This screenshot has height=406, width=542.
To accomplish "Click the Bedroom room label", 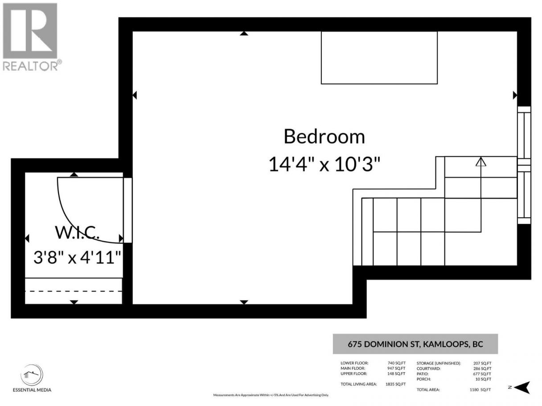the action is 324,137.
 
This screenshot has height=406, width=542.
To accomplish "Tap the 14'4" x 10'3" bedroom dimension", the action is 324,164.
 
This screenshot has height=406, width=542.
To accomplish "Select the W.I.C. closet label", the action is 77,232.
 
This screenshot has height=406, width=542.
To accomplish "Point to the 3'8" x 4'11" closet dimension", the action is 77,257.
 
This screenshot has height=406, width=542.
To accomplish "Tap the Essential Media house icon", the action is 32,375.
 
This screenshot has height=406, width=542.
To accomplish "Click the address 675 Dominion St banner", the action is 415,344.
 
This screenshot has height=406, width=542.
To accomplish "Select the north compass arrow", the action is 522,387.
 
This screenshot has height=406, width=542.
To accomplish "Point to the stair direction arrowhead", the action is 481,162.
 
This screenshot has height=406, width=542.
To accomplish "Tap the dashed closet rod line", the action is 74,292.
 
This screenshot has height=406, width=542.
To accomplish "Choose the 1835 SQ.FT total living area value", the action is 395,384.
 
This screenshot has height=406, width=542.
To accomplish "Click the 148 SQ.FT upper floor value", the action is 396,374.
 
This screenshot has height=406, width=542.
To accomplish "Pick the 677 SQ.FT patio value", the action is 482,374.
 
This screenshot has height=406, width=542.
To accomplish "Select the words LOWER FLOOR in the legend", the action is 354,363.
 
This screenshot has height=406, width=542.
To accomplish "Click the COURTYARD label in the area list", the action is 428,369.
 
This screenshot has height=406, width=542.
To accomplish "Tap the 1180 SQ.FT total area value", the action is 480,390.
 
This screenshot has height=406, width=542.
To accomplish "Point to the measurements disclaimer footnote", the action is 271,395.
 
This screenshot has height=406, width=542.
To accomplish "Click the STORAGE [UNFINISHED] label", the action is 439,363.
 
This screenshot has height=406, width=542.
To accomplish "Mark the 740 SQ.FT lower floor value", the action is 397,363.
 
